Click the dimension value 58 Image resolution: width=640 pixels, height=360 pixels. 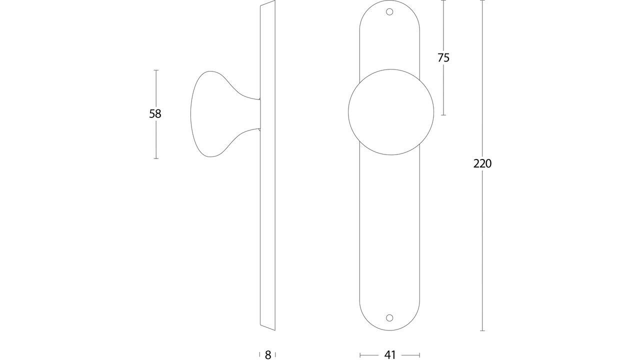155,114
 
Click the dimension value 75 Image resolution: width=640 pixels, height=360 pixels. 443,58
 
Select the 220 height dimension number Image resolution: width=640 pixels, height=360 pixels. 482,163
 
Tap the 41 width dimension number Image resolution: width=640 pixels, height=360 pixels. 390,355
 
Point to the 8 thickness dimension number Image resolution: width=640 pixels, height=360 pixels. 268,355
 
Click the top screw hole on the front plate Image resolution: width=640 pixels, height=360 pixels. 390,12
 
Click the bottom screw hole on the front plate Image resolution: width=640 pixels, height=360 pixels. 390,318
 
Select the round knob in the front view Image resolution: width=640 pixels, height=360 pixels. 391,112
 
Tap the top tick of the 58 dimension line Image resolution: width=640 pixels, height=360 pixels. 156,70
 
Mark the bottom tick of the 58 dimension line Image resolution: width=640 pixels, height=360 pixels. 156,158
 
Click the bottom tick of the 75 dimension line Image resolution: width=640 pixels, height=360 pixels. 443,115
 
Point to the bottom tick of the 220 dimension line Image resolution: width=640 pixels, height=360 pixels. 482,330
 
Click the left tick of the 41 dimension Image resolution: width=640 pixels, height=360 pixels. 360,355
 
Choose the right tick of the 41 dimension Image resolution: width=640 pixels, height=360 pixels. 419,355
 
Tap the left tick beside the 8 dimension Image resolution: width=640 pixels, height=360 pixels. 260,355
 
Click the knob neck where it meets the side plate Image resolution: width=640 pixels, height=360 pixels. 257,114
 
